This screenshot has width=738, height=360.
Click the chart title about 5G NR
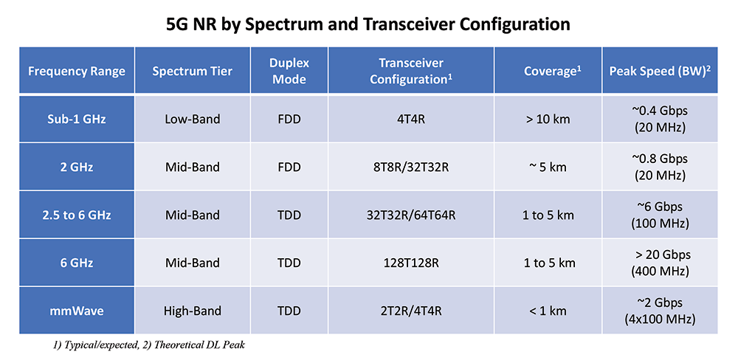click(368, 24)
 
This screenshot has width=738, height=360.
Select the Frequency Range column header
click(77, 71)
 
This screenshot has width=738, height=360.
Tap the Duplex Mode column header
click(289, 71)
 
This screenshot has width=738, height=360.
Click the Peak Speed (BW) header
click(660, 71)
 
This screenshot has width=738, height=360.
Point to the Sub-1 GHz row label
click(77, 119)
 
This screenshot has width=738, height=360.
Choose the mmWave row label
click(77, 311)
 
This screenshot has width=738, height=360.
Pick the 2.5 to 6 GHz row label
click(77, 215)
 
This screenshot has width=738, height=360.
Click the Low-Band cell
click(193, 119)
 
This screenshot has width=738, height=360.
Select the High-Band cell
click(193, 311)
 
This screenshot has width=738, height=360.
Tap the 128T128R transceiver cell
click(411, 263)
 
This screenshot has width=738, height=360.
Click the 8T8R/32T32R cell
click(411, 167)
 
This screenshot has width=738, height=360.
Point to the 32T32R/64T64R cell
click(411, 215)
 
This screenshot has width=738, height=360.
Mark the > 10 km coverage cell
click(548, 119)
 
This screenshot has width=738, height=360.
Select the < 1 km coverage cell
click(548, 311)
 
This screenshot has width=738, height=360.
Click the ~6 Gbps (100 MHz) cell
click(660, 215)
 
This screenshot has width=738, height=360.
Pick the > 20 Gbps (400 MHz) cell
click(660, 263)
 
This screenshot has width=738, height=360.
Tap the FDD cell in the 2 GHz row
click(289, 167)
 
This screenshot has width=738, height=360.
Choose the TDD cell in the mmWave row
click(289, 311)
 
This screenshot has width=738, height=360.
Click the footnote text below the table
click(149, 346)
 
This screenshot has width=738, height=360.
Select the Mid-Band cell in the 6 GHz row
click(193, 263)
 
